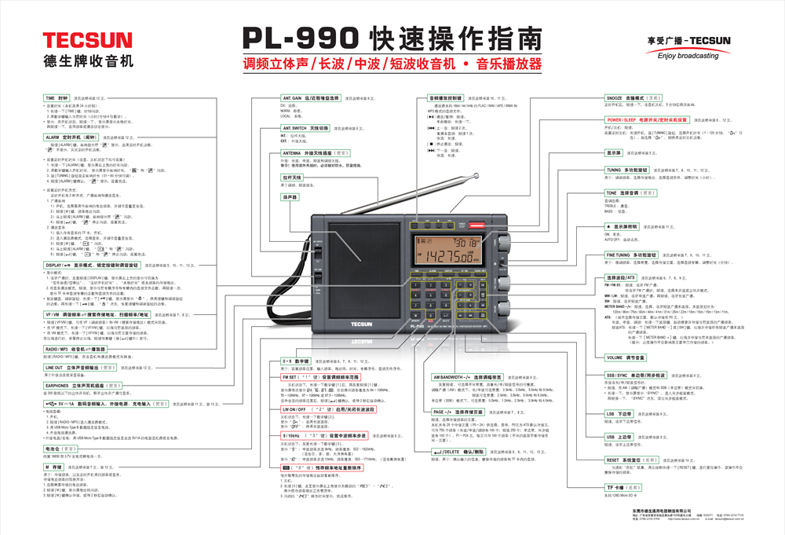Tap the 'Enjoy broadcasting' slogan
tap(688, 57)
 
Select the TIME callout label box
tap(57, 98)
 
